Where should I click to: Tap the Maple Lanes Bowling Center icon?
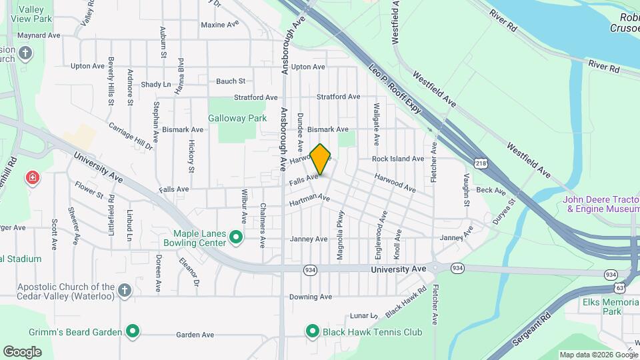235,237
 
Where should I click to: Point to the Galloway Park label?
237,118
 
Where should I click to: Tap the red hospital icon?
31,177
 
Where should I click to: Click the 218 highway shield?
481,163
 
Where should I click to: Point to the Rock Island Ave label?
398,159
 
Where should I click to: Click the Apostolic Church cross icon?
125,290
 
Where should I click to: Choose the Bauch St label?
231,81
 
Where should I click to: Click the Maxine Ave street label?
219,25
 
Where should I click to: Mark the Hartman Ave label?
309,199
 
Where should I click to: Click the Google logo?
23,351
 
